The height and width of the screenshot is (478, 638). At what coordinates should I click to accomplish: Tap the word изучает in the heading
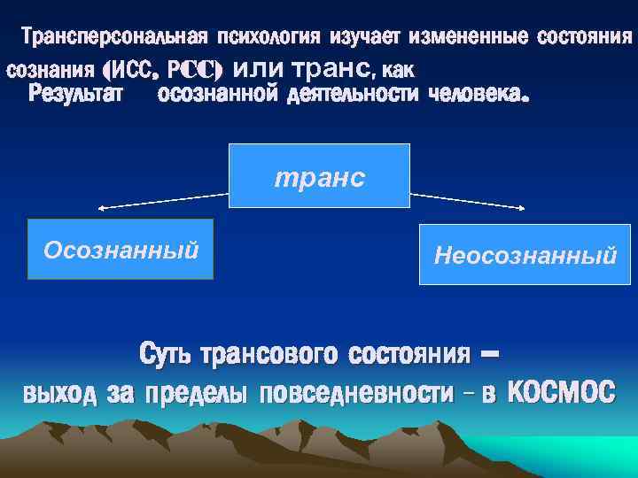tap(366, 38)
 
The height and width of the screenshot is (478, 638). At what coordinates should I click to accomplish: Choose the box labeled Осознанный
tap(121, 249)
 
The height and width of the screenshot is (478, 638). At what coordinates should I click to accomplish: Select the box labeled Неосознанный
tap(525, 255)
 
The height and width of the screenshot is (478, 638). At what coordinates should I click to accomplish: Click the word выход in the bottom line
tap(59, 392)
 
